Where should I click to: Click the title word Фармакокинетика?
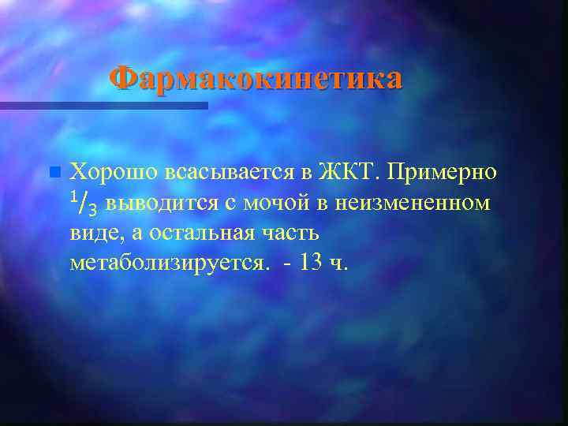[256, 79]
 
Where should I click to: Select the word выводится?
[161, 204]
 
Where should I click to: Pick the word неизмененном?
[412, 204]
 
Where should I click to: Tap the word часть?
[292, 234]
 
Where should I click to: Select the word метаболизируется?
[170, 263]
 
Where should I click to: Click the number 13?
[311, 263]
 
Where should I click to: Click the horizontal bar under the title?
[103, 105]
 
